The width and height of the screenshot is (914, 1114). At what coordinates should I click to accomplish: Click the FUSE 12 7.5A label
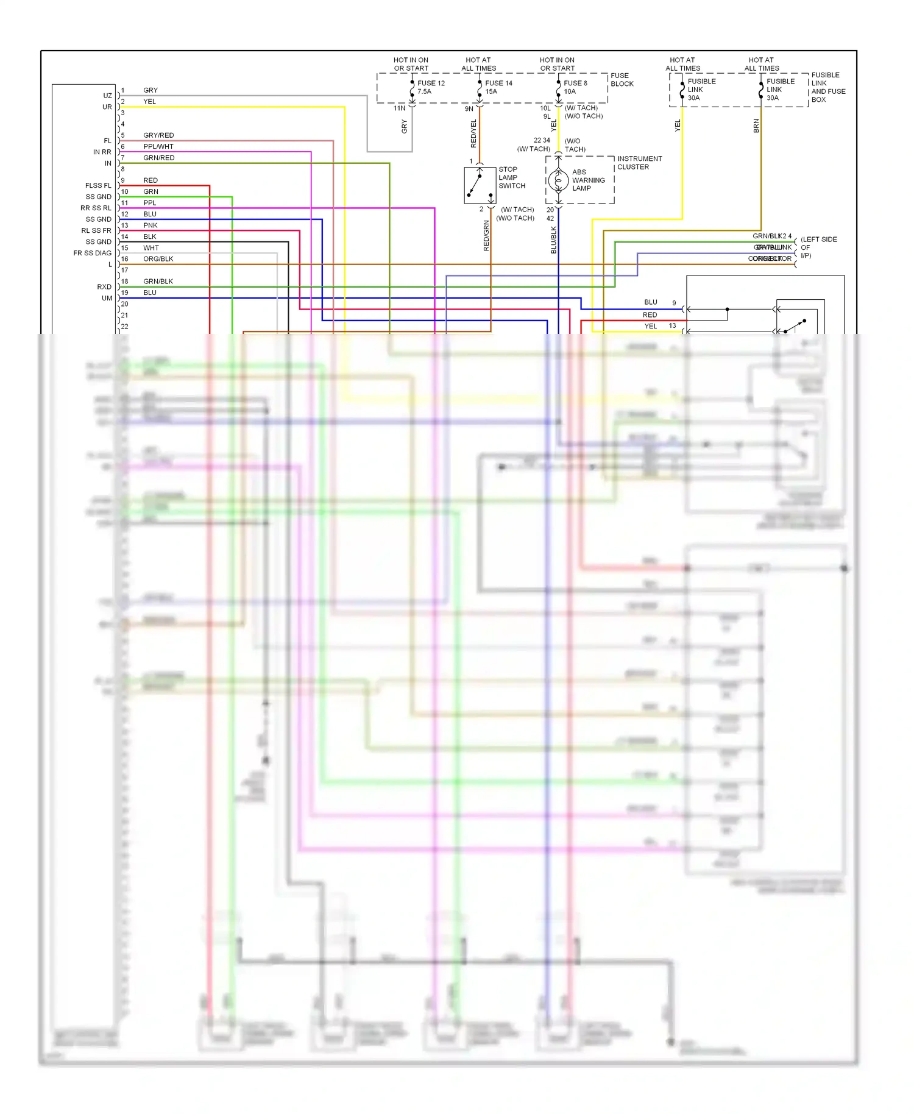tap(431, 87)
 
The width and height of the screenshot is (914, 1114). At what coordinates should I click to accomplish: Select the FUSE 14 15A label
tap(498, 87)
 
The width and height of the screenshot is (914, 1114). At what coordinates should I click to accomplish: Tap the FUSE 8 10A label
tap(575, 87)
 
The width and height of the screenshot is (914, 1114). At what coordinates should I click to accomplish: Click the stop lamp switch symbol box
tap(480, 185)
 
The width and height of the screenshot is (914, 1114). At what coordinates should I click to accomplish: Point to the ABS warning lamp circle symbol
tap(558, 180)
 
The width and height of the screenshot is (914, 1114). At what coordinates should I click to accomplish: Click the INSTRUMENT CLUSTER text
tap(639, 163)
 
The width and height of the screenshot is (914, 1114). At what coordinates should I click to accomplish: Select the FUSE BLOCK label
tap(622, 80)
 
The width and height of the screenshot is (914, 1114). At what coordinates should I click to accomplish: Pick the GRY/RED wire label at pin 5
tap(158, 135)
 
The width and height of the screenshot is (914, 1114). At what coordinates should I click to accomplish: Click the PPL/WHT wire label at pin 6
tap(158, 146)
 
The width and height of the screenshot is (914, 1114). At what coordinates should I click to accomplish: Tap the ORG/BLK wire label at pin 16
tap(158, 259)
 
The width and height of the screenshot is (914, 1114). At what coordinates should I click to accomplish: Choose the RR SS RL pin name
tap(96, 208)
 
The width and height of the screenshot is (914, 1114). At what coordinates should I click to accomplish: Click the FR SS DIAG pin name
tap(92, 253)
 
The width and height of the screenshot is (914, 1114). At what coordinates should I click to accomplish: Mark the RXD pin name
tap(104, 286)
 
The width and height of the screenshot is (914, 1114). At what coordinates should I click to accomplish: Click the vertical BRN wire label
tap(756, 126)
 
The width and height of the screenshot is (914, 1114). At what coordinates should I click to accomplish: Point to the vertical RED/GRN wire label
tap(486, 236)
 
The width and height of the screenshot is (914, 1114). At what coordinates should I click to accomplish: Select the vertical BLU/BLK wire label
tap(554, 240)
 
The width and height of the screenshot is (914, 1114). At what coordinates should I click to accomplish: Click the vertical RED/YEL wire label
tap(473, 133)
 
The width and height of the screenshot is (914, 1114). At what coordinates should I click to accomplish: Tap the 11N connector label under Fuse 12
tap(399, 108)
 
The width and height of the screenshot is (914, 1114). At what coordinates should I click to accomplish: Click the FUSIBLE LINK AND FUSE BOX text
tap(827, 87)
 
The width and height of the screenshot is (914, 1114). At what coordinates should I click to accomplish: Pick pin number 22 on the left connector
tap(124, 327)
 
